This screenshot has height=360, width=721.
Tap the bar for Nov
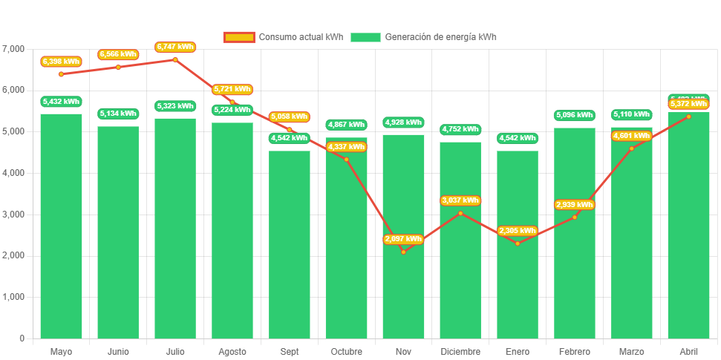pos(403,297)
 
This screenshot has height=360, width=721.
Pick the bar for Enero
pos(518,289)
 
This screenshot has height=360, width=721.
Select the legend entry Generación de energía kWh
pos(423,37)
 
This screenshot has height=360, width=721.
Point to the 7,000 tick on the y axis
pos(13,49)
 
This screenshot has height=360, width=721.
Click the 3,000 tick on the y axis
pos(13,215)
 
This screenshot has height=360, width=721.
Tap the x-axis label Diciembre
pos(460,351)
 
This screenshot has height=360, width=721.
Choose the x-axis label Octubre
pos(346,351)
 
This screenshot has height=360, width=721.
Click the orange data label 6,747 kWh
pos(175,47)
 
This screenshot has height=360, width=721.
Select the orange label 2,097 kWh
pos(403,239)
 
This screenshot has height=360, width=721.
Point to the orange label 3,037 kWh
pos(460,200)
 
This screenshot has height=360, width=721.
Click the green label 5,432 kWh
pos(61,102)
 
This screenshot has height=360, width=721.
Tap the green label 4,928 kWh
pos(403,122)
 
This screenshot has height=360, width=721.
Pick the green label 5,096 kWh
pos(575,115)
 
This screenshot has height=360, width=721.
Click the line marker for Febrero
pos(575,217)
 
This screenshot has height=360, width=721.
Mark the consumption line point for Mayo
pos(61,73)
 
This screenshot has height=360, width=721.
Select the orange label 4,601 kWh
pos(632,135)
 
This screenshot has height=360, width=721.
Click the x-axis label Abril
pos(688,351)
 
